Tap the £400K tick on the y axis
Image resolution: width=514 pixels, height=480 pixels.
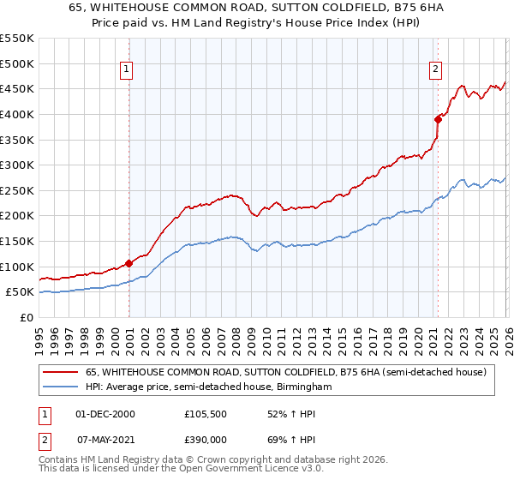point(18,114)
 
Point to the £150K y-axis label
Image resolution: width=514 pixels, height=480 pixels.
point(18,241)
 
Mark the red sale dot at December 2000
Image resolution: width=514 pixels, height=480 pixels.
point(129,264)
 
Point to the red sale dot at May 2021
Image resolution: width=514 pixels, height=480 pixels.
point(438,119)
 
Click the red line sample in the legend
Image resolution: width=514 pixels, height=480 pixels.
point(61,372)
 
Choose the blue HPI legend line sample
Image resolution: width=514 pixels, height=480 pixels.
point(61,387)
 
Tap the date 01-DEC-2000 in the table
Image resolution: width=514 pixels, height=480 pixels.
point(105,413)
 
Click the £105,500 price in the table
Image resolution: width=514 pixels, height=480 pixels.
point(206,413)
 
